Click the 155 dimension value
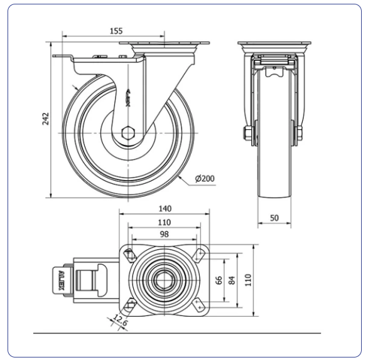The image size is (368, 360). [116, 31]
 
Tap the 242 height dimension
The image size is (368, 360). [46, 119]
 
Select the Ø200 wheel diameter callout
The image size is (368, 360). [205, 179]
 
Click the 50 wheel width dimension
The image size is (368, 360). [274, 218]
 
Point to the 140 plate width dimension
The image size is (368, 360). [165, 208]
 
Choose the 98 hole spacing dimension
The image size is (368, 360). [164, 234]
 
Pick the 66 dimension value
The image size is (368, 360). [219, 280]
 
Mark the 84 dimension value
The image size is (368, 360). [232, 280]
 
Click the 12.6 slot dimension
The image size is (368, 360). [121, 320]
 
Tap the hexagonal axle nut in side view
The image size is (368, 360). [128, 133]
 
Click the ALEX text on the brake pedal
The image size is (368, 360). [61, 280]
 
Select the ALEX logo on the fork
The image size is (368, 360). [128, 98]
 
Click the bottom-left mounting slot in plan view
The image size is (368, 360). [131, 304]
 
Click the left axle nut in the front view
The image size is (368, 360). [248, 133]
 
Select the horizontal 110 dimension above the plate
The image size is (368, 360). [164, 222]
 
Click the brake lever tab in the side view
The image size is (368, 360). [63, 56]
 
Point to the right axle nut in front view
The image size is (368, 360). [300, 133]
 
